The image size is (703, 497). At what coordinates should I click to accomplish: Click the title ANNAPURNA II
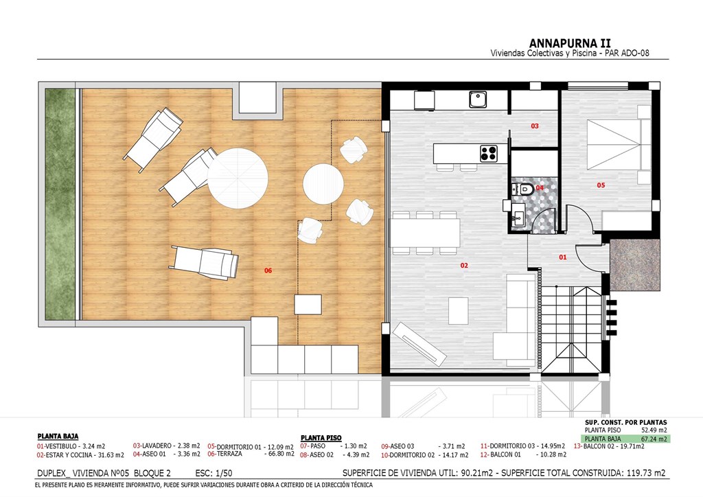click(x=569, y=43)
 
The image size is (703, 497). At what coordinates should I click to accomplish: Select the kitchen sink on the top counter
click(x=478, y=100)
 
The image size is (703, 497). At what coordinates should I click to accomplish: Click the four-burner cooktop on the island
click(x=489, y=153)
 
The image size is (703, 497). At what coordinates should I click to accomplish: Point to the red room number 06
click(x=268, y=270)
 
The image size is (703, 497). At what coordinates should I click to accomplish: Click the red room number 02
click(x=464, y=265)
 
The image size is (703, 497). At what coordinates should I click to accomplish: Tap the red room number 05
click(x=601, y=185)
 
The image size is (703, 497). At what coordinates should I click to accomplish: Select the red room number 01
click(x=563, y=257)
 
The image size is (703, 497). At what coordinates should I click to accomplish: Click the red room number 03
click(x=534, y=126)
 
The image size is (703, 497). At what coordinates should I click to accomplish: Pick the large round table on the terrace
click(x=238, y=178)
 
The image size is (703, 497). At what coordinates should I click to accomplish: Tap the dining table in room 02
click(x=426, y=233)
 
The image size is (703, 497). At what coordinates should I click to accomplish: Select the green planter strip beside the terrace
click(x=60, y=205)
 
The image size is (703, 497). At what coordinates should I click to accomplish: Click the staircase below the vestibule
click(x=572, y=330)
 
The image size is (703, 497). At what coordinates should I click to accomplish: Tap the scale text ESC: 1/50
click(x=214, y=473)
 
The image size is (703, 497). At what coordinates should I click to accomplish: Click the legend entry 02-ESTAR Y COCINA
click(x=80, y=455)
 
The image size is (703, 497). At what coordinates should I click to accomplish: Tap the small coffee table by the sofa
click(x=458, y=310)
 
